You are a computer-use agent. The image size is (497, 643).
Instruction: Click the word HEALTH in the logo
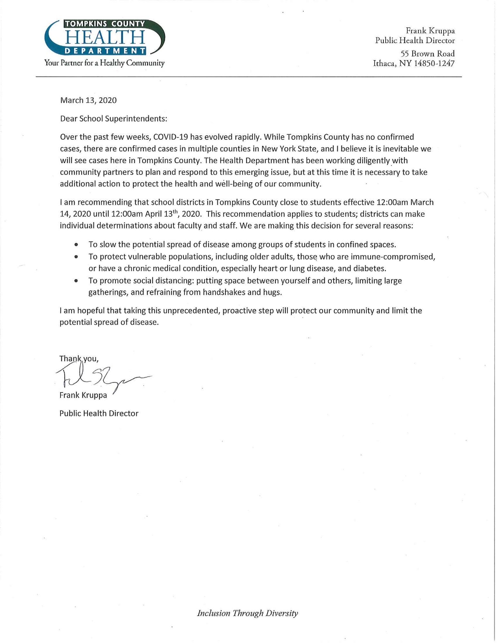tap(105, 38)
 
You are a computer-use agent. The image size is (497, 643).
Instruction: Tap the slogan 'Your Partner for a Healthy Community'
tap(105, 63)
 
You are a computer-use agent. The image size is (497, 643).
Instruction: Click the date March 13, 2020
tap(88, 100)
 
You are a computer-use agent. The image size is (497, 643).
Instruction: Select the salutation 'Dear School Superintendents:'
tap(114, 119)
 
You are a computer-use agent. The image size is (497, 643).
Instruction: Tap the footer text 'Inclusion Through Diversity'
tap(247, 613)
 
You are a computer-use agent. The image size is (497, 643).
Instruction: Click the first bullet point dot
tap(76, 245)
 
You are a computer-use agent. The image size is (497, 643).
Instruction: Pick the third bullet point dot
tap(76, 281)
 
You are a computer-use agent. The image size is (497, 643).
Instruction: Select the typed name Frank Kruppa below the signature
tap(83, 395)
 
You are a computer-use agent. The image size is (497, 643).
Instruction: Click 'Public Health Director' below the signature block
tap(99, 413)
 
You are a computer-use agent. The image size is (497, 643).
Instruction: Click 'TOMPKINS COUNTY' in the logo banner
tap(105, 23)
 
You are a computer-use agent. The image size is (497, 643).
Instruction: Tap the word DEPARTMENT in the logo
tap(105, 50)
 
